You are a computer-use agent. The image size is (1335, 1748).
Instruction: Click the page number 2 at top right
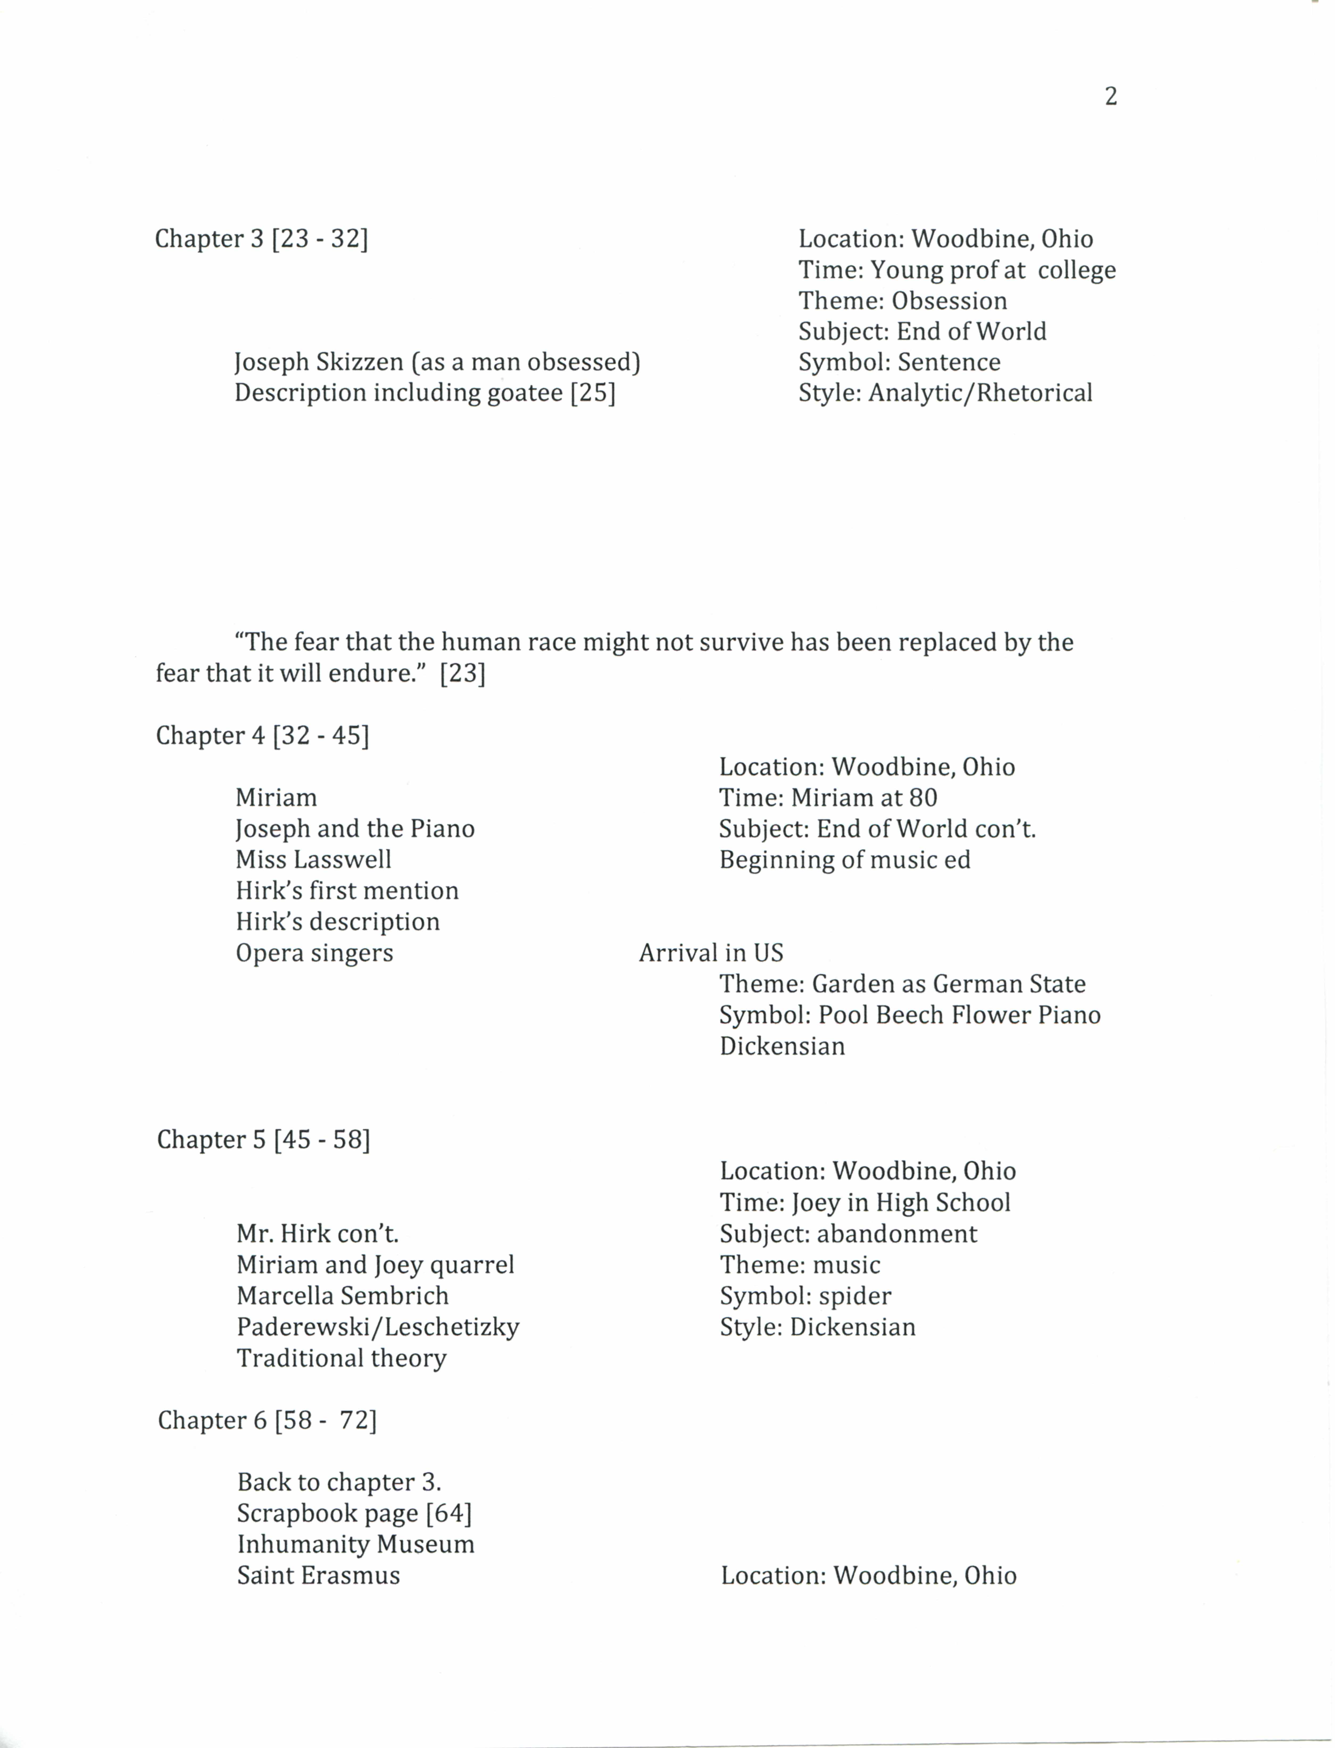[x=1111, y=96]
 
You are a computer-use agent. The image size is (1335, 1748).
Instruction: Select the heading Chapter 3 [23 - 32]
[x=261, y=238]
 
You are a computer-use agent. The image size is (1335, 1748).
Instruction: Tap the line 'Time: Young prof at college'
[x=957, y=270]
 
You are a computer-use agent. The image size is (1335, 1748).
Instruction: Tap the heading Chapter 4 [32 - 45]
[x=262, y=736]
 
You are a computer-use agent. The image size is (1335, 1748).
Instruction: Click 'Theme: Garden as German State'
[x=902, y=984]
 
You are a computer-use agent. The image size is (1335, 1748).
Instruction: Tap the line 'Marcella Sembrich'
[x=343, y=1296]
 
